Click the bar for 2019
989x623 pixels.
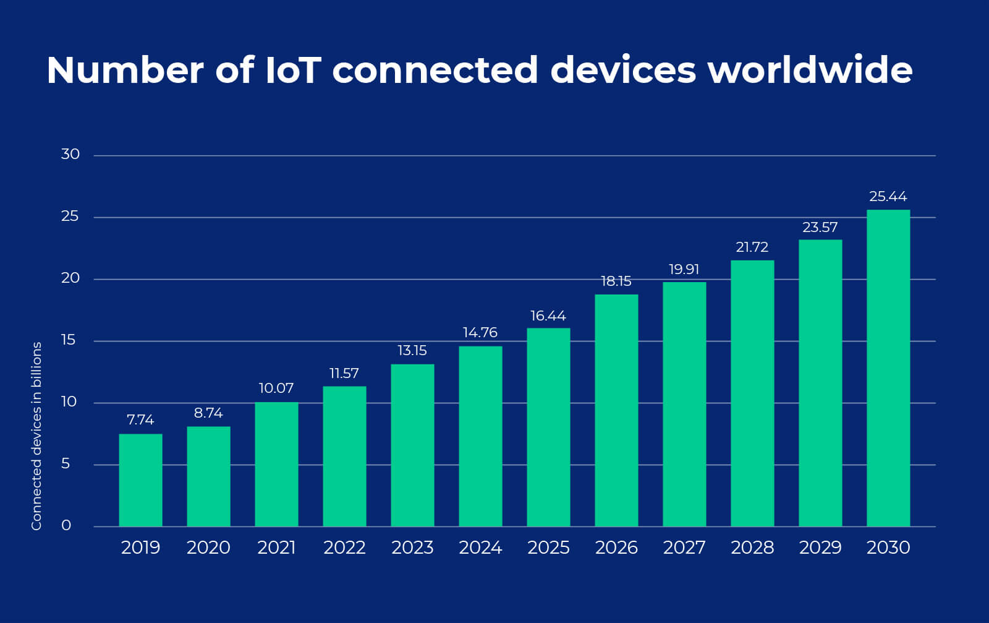(x=140, y=480)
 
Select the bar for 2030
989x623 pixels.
(x=888, y=368)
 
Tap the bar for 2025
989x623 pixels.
(x=548, y=427)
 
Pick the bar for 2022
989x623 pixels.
(x=344, y=456)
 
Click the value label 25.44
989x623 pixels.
(x=888, y=197)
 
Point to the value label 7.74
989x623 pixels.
(x=140, y=420)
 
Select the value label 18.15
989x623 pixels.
(x=616, y=281)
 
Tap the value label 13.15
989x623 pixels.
(x=412, y=351)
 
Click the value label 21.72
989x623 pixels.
(x=752, y=247)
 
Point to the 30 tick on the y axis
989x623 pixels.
(x=70, y=154)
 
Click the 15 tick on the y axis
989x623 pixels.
(x=69, y=340)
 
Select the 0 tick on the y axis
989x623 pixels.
(x=66, y=525)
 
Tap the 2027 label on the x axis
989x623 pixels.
(x=684, y=548)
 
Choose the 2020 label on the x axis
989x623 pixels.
(x=208, y=548)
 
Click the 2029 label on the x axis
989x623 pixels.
(x=820, y=548)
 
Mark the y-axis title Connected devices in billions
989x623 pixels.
(x=36, y=436)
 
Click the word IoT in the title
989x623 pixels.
(x=292, y=70)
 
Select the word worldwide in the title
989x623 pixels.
(x=810, y=70)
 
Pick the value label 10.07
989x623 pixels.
(x=276, y=389)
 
